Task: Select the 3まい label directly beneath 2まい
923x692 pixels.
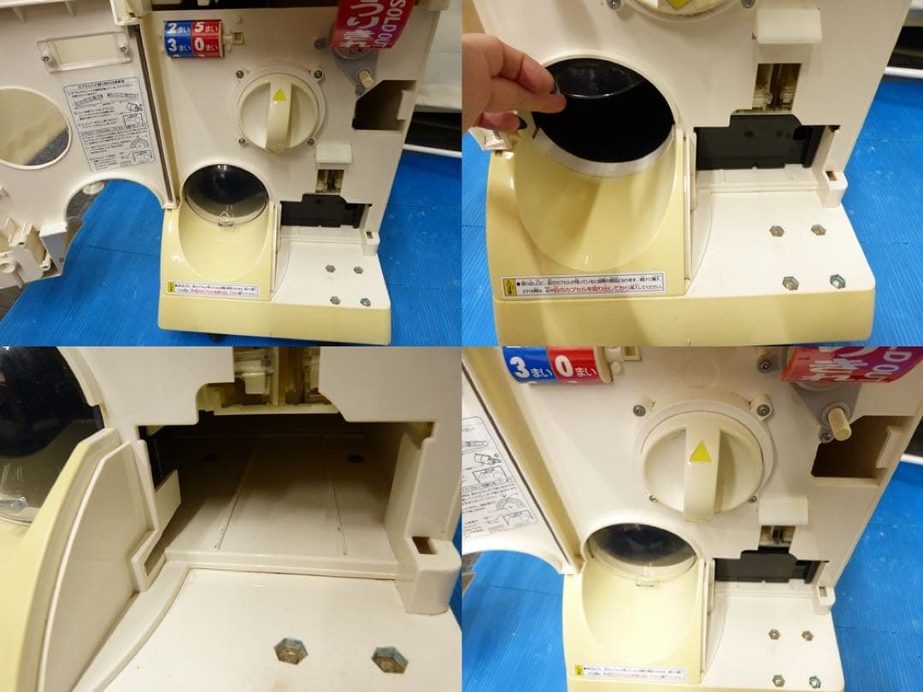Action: [x=178, y=48]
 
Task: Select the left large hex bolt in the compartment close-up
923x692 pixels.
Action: [x=291, y=652]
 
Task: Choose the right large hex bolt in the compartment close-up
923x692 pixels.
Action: [x=389, y=658]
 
